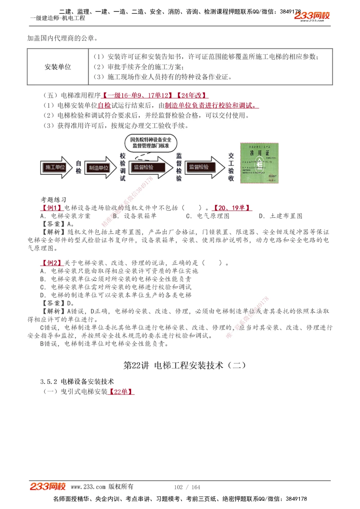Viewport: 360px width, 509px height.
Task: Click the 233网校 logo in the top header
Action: pyautogui.click(x=312, y=16)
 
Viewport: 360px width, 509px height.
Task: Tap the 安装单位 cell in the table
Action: pyautogui.click(x=58, y=67)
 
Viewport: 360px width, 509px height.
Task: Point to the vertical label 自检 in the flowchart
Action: pyautogui.click(x=78, y=167)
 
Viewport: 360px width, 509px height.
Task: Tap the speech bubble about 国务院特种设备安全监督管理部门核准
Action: pyautogui.click(x=151, y=143)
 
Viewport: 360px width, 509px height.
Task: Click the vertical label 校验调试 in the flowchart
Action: pyautogui.click(x=123, y=167)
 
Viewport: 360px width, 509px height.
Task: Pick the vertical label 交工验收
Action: pyautogui.click(x=231, y=167)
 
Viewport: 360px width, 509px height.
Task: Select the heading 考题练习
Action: pyautogui.click(x=53, y=200)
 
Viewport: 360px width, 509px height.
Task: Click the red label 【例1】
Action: pyautogui.click(x=52, y=208)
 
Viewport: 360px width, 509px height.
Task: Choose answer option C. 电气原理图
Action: pyautogui.click(x=208, y=216)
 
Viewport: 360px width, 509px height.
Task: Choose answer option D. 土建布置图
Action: pyautogui.click(x=280, y=216)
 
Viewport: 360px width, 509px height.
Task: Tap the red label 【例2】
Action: pyautogui.click(x=52, y=263)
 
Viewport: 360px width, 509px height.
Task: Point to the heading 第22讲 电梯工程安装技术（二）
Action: pyautogui.click(x=185, y=365)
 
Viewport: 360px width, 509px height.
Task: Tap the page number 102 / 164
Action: pyautogui.click(x=187, y=487)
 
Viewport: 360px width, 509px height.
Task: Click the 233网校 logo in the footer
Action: pyautogui.click(x=48, y=487)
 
